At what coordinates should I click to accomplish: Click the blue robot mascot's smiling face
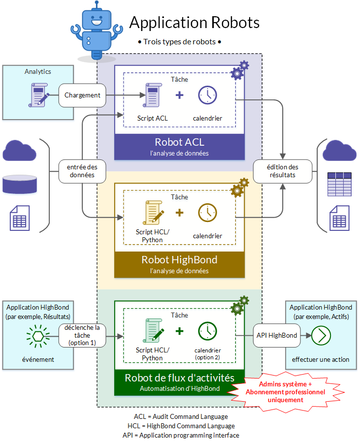coord(97,20)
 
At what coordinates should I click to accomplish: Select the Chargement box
coord(82,95)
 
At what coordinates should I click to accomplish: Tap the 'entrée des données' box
coord(82,171)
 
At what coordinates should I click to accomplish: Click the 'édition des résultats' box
coord(283,171)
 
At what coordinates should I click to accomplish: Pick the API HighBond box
coord(277,335)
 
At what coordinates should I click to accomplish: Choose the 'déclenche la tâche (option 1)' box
coord(82,335)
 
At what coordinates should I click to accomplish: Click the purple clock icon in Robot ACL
coord(207,95)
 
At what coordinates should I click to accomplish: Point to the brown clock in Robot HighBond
coord(207,213)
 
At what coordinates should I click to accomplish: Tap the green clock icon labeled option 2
coord(207,331)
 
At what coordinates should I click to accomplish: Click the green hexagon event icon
coord(38,336)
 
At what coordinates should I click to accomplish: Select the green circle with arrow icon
coord(321,336)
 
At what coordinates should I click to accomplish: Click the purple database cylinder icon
coord(20,184)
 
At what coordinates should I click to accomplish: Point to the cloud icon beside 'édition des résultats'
coord(339,151)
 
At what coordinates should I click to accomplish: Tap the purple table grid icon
coord(339,184)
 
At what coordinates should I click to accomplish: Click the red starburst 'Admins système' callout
coord(286,392)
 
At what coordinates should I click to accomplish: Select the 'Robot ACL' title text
coord(179,142)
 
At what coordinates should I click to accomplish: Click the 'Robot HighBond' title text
coord(179,259)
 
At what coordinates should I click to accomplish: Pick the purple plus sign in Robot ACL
coord(179,95)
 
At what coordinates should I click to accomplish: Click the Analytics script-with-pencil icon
coord(39,95)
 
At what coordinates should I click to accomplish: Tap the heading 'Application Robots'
coord(195,22)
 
